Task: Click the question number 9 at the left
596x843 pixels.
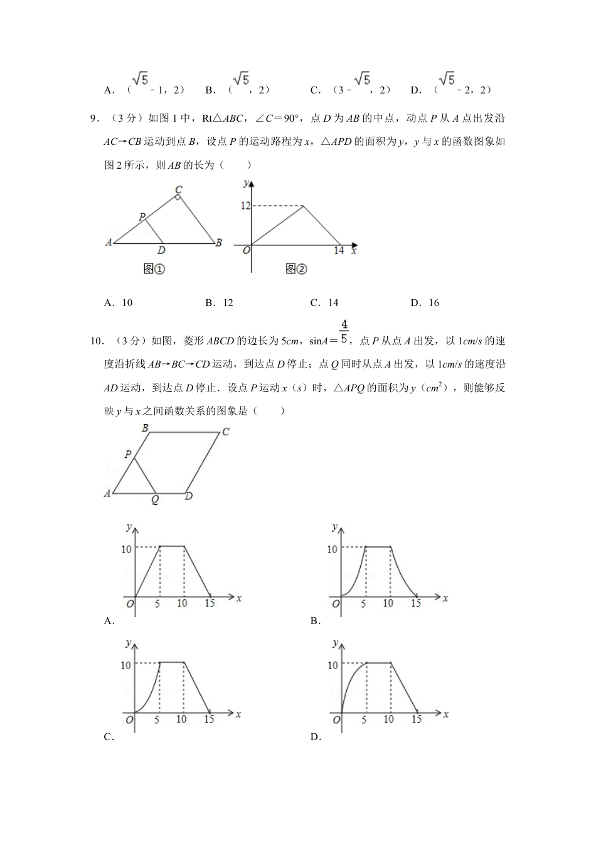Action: [95, 118]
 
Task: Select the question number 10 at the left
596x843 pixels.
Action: [97, 341]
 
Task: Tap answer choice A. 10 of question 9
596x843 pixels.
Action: [119, 303]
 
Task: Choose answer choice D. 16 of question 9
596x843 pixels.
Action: [425, 303]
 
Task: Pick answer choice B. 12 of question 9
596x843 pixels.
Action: [219, 303]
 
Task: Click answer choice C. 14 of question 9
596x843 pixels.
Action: [324, 303]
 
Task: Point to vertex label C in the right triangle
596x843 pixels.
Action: [179, 189]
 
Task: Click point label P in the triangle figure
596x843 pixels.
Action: [142, 217]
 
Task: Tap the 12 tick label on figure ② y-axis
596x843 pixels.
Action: [245, 206]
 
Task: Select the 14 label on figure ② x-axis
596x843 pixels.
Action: [339, 251]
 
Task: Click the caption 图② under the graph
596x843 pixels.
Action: [296, 269]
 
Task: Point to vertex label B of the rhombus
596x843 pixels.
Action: [145, 428]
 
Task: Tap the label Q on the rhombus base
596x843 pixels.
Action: [154, 501]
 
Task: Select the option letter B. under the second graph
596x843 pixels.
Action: [316, 621]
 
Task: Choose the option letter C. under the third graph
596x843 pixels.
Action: [109, 737]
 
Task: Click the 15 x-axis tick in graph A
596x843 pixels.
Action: [210, 603]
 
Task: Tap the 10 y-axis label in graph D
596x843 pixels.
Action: [333, 665]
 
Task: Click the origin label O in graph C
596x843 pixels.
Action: [129, 720]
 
